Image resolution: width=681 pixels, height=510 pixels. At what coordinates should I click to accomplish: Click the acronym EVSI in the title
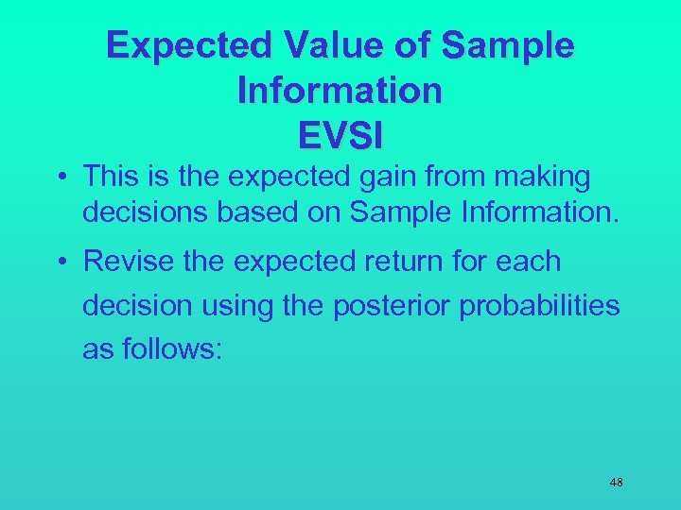[x=340, y=135]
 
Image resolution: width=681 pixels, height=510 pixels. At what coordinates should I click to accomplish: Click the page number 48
[x=616, y=483]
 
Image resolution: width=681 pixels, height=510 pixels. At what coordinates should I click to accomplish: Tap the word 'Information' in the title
[x=340, y=91]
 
